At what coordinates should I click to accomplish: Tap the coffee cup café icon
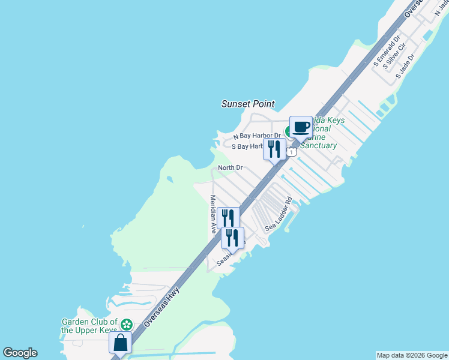(301, 127)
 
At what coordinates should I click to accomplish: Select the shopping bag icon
(120, 344)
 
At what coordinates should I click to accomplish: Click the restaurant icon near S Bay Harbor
(274, 149)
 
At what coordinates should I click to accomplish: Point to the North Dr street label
(230, 167)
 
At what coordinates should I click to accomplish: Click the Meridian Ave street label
(212, 214)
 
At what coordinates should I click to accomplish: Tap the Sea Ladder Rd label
(279, 214)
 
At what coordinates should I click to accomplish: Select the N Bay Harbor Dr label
(257, 136)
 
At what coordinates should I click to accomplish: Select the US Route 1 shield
(291, 152)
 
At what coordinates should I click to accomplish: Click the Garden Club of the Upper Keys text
(89, 326)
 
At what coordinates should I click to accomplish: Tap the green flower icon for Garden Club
(126, 325)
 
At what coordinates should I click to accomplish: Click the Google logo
(20, 353)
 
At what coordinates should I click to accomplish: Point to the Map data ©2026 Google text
(412, 355)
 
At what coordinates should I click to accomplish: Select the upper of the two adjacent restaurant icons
(228, 218)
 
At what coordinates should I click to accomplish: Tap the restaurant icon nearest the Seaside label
(232, 238)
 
